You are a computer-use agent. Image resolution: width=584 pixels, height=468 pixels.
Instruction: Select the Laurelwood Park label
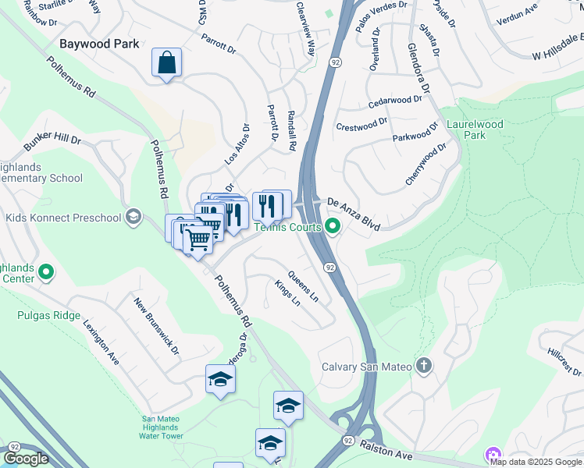(x=475, y=129)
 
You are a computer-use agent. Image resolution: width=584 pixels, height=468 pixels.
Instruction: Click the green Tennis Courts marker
(x=333, y=227)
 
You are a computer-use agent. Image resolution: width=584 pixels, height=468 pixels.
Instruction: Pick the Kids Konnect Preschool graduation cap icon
(x=134, y=216)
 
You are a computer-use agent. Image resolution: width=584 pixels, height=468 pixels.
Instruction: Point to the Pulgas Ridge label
(x=48, y=315)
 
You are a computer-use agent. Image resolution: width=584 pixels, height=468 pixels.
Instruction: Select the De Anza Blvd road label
(x=353, y=213)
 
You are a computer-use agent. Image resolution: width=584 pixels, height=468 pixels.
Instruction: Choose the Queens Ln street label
(x=303, y=287)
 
